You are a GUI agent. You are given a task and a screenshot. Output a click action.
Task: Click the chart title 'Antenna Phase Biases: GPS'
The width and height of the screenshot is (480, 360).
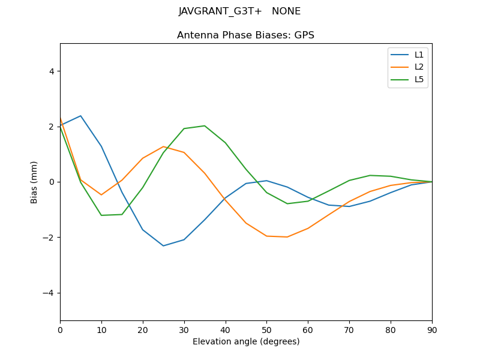(x=245, y=35)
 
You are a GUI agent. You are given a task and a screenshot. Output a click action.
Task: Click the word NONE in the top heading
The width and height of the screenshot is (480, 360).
(x=286, y=11)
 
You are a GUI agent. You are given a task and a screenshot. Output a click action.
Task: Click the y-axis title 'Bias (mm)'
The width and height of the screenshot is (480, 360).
(x=34, y=182)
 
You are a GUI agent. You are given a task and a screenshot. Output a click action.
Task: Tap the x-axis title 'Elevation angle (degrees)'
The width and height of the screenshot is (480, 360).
(x=245, y=342)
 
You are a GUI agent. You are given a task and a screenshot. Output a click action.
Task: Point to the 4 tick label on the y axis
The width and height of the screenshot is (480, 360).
(x=51, y=71)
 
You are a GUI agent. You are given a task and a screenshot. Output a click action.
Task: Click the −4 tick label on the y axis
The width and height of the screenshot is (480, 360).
(x=49, y=293)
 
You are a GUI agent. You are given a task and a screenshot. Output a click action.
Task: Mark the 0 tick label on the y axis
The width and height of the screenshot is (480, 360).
(x=51, y=182)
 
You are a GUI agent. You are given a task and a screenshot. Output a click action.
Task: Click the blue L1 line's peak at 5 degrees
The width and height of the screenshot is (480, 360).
(x=80, y=116)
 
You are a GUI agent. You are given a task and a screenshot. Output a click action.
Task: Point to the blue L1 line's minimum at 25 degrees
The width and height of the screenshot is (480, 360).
(x=163, y=245)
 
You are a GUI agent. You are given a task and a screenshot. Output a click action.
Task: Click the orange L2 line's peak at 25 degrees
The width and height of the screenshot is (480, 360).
(x=163, y=146)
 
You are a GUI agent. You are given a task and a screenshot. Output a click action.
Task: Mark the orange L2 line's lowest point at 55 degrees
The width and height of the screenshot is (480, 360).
(x=287, y=237)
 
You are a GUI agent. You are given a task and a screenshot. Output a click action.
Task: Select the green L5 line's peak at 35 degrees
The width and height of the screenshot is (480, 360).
(x=205, y=126)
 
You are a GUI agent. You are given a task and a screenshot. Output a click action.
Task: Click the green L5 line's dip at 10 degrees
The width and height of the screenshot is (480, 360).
(x=101, y=215)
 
